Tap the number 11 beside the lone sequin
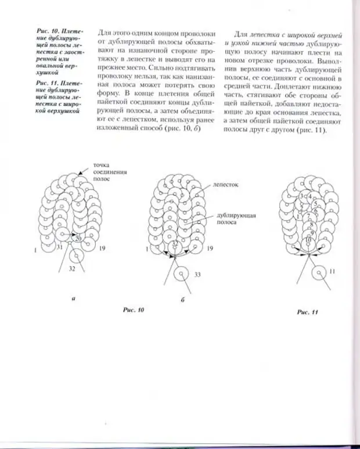click(x=332, y=272)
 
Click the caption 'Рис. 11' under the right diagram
click(x=307, y=312)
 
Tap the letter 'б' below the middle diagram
click(x=183, y=300)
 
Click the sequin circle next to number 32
click(x=75, y=255)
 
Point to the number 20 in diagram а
click(x=78, y=239)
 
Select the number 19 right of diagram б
click(x=210, y=249)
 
